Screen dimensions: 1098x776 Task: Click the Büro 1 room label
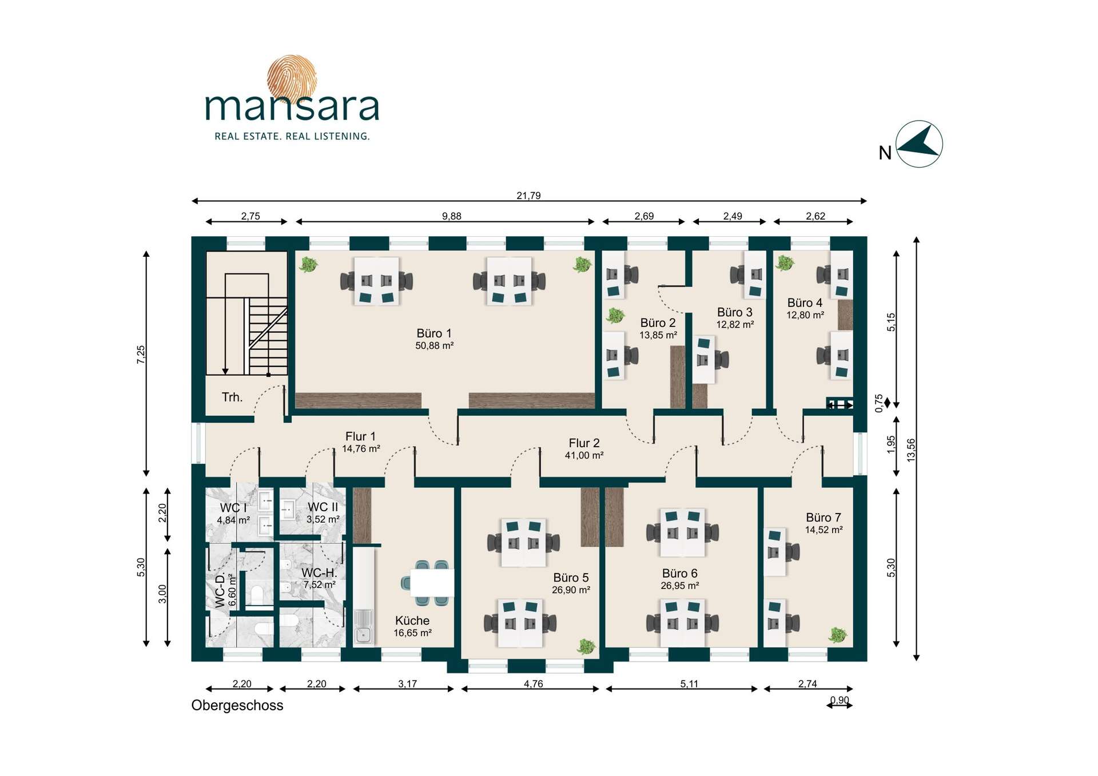[x=434, y=333]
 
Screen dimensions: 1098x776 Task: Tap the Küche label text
[x=412, y=620]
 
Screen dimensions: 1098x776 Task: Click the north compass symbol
[x=918, y=144]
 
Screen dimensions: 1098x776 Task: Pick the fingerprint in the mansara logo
[x=292, y=78]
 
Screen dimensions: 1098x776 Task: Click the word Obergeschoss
[x=237, y=705]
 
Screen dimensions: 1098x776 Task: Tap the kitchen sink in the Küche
[x=363, y=627]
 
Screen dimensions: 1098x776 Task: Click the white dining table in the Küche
[x=432, y=583]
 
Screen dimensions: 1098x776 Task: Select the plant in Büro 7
[x=838, y=634]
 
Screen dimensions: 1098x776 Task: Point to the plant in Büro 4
[x=785, y=262]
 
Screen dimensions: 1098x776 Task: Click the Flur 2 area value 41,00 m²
[x=584, y=455]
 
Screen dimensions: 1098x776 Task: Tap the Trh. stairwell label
[x=232, y=397]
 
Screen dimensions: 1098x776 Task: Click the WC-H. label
[x=319, y=572]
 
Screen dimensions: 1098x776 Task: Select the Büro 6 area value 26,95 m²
[x=679, y=586]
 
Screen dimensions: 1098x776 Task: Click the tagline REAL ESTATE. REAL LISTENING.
[x=292, y=136]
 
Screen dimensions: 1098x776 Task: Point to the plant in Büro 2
[x=615, y=315]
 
